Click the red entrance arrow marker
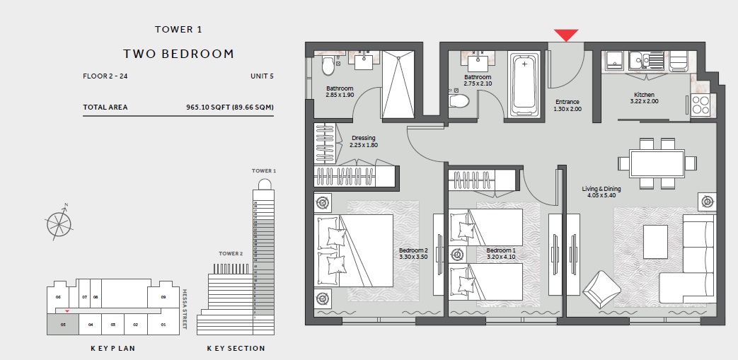coord(566,35)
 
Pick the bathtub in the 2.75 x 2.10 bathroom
coord(524,86)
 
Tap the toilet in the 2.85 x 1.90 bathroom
coord(328,66)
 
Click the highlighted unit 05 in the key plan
coord(63,325)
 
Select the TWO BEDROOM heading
coord(178,54)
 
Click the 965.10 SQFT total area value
coord(229,108)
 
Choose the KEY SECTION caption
coord(236,348)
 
